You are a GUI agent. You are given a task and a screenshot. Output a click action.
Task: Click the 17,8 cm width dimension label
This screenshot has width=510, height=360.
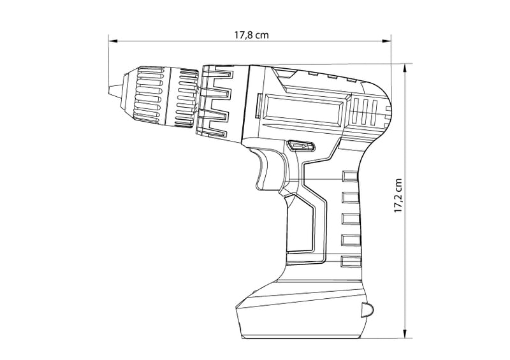click(252, 34)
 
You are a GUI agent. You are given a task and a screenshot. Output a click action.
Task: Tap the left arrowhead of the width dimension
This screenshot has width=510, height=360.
click(113, 41)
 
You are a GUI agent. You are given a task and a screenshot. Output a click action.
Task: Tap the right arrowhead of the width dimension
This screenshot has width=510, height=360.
click(386, 41)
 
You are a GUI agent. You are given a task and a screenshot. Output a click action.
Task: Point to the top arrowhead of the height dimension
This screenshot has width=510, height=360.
click(405, 68)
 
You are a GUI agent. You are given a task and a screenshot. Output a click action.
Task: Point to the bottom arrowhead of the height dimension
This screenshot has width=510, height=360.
click(405, 334)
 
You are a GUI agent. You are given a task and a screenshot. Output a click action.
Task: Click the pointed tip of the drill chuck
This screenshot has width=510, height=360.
click(109, 90)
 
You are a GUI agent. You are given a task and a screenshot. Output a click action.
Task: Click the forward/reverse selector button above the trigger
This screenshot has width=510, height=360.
click(301, 146)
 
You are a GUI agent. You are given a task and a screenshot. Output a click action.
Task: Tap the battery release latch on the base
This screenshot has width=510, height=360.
click(366, 310)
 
